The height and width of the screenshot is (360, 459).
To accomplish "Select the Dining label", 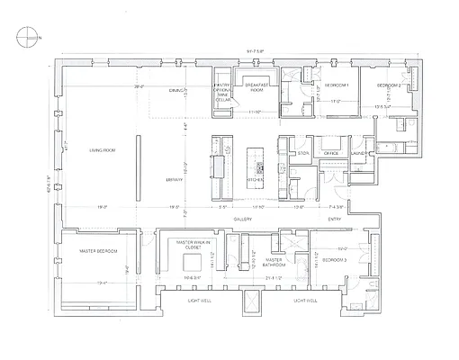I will pyautogui.click(x=176, y=91).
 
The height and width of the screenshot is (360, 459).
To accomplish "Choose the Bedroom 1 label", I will pyautogui.click(x=337, y=84).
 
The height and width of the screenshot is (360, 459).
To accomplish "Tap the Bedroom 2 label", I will pyautogui.click(x=390, y=84).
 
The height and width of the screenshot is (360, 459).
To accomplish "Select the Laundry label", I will pyautogui.click(x=358, y=154).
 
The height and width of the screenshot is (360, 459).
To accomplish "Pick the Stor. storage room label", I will pyautogui.click(x=303, y=154).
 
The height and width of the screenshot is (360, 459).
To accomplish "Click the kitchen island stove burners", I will pyautogui.click(x=259, y=167).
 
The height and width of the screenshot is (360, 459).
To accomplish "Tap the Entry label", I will pyautogui.click(x=334, y=219).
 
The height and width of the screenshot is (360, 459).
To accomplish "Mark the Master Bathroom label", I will pyautogui.click(x=274, y=263).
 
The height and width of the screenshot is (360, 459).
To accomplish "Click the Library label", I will pyautogui.click(x=175, y=180).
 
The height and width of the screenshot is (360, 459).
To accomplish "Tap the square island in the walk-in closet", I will pyautogui.click(x=191, y=263).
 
